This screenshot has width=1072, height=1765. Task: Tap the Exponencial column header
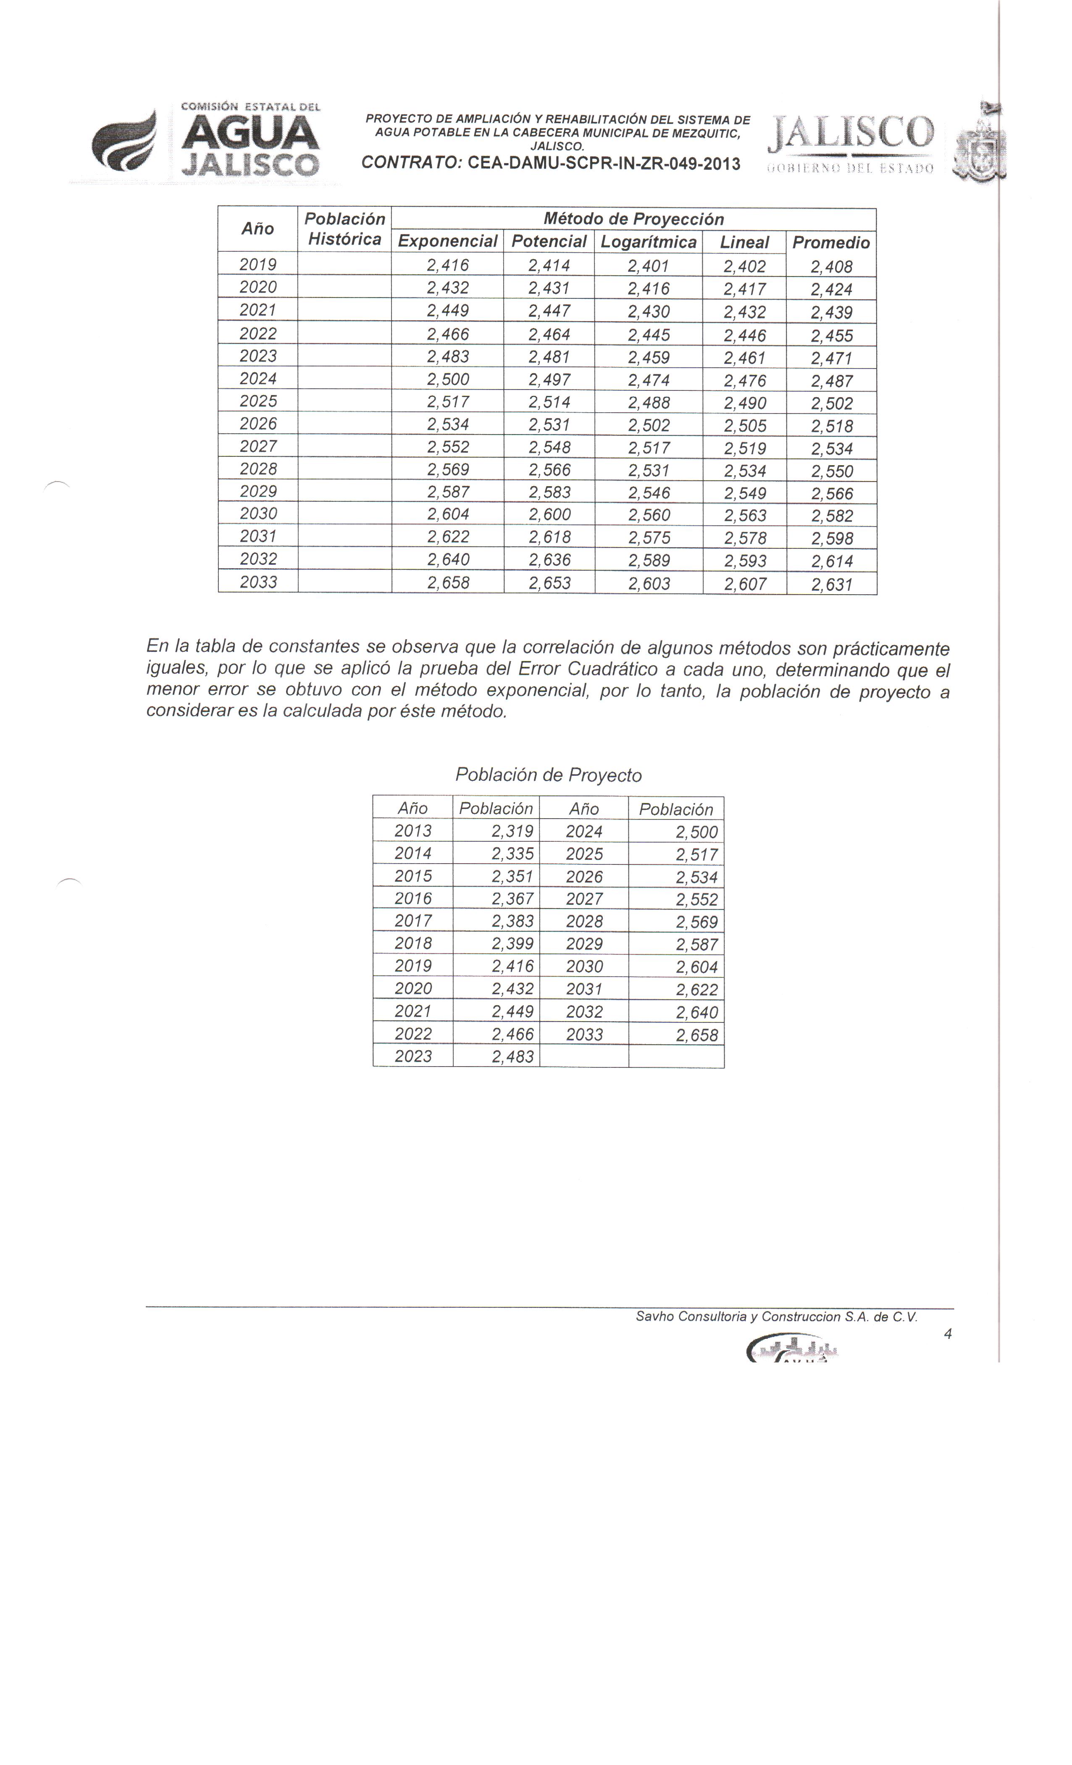click(447, 241)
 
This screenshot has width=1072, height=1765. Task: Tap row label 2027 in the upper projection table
click(258, 446)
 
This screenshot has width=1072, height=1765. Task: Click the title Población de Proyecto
click(549, 775)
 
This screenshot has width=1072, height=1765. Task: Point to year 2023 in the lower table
click(413, 1056)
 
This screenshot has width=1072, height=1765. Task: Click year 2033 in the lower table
click(584, 1034)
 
